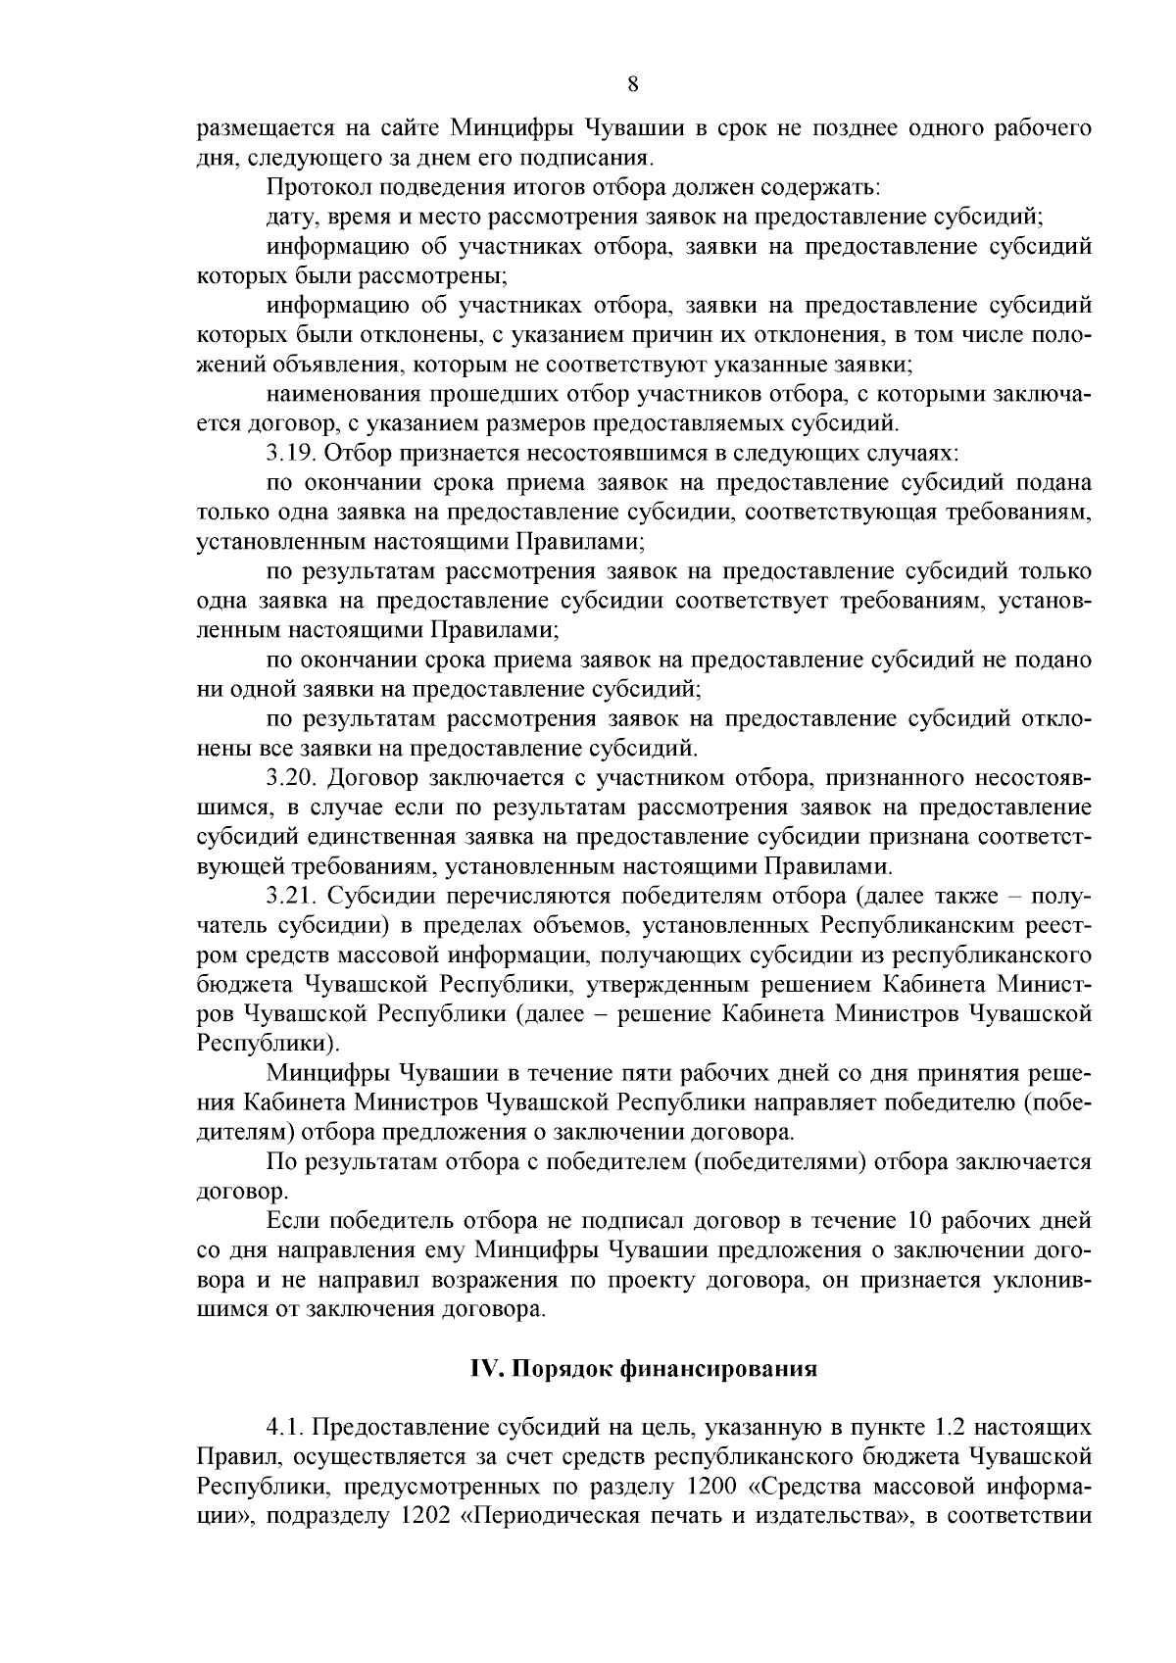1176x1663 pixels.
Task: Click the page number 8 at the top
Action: (632, 84)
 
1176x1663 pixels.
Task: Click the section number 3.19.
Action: (290, 453)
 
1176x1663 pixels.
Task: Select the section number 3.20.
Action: (291, 778)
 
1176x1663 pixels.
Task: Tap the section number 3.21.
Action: (291, 897)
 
